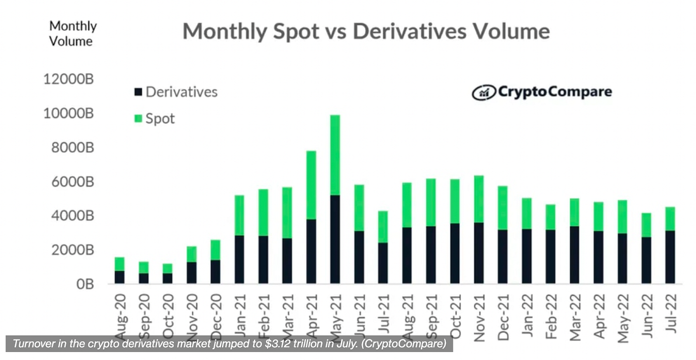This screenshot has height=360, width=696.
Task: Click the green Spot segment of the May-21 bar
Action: [x=335, y=155]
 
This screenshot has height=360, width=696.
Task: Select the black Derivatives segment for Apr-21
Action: [x=311, y=251]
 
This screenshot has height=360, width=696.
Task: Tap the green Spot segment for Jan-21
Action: [x=239, y=215]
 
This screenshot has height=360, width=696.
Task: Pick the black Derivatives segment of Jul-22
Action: [x=670, y=257]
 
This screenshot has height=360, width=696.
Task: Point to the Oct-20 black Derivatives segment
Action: [x=167, y=278]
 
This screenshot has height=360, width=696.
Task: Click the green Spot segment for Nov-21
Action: [x=479, y=199]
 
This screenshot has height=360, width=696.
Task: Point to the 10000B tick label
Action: [x=69, y=114]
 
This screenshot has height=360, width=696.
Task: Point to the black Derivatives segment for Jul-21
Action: [x=383, y=263]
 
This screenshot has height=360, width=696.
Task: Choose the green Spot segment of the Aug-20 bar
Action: [x=119, y=264]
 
